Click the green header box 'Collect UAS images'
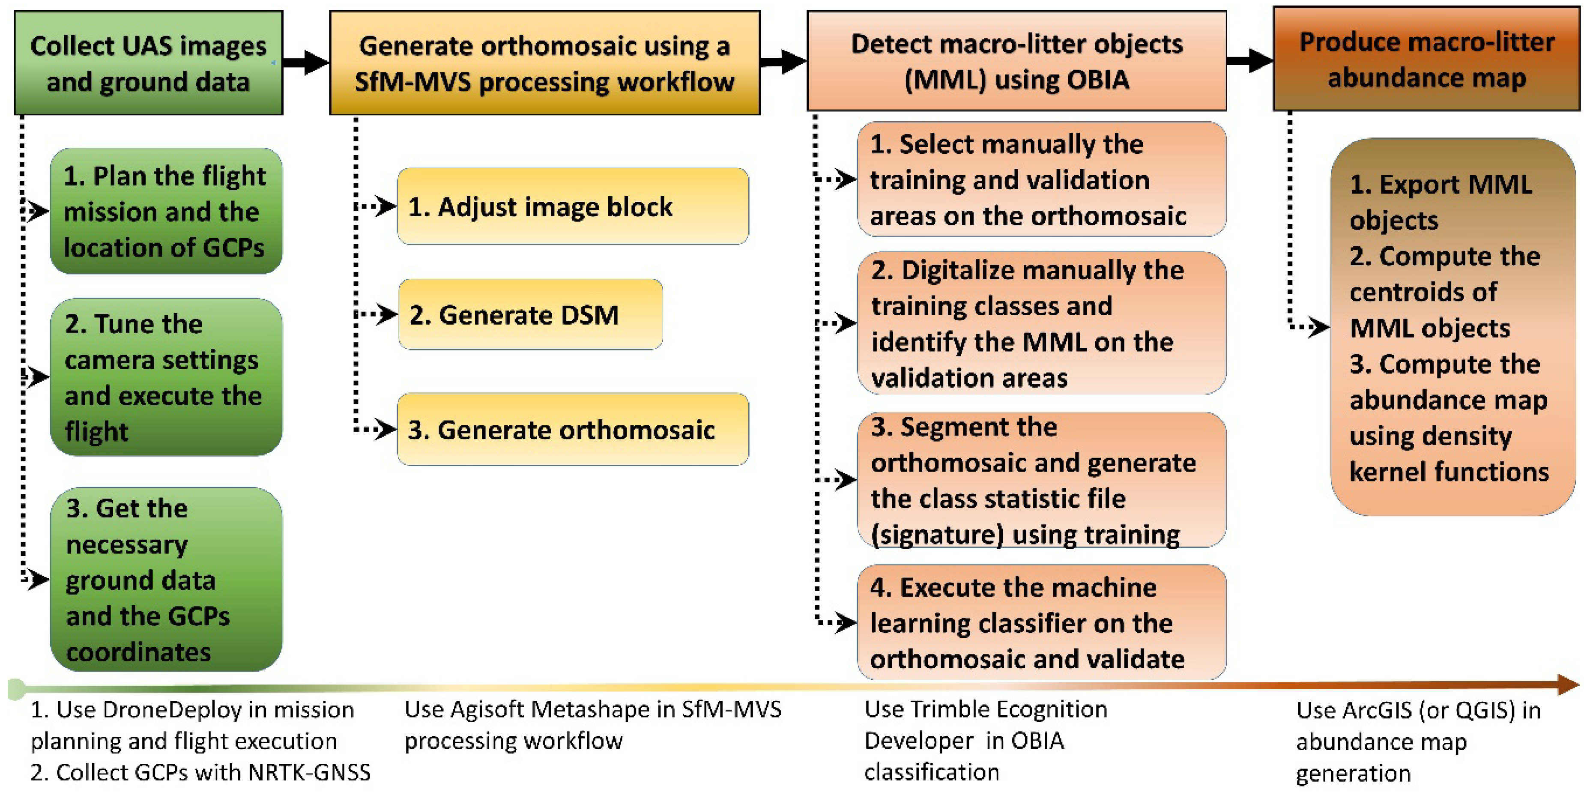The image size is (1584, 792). (x=148, y=63)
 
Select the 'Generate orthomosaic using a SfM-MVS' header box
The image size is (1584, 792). (x=545, y=63)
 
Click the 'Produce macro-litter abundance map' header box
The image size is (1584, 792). (x=1426, y=59)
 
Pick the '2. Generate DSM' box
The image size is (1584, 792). (x=530, y=315)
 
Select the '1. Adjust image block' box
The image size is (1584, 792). (x=573, y=206)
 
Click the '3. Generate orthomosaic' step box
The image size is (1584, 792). (x=573, y=429)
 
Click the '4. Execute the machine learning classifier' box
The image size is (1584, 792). (x=1041, y=622)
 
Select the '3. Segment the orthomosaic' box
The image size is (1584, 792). (x=1041, y=480)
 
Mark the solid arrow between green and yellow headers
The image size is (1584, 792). (x=306, y=62)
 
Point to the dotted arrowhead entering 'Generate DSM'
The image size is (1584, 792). (x=386, y=315)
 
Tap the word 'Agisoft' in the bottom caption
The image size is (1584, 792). (x=488, y=710)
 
